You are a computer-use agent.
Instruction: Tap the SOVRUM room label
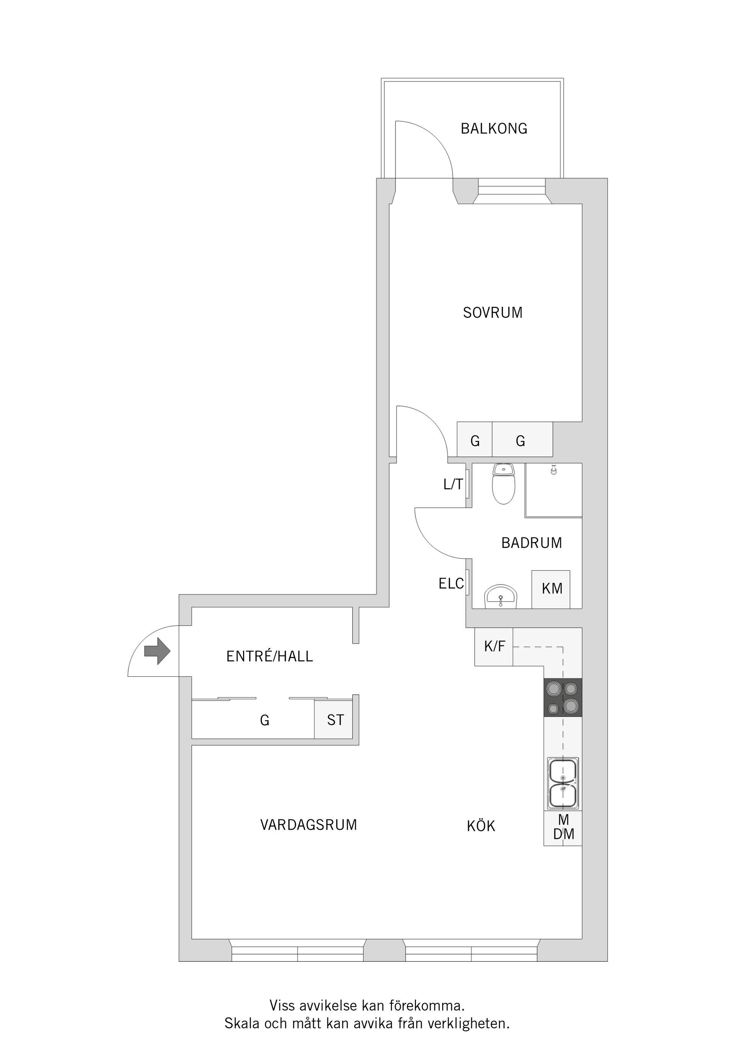493,313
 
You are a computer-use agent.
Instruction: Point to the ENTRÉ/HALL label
269,656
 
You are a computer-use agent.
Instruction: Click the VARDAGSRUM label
309,825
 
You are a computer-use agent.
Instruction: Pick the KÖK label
481,826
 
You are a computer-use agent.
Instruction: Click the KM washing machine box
551,589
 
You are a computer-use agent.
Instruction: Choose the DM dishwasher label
563,834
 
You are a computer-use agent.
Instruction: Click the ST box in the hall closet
335,720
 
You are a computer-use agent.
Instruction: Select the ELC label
451,584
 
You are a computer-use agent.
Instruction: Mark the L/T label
453,485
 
